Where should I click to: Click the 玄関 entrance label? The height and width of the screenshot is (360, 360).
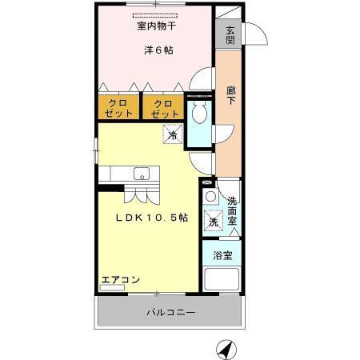click(230, 36)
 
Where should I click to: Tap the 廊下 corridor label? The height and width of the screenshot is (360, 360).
click(230, 96)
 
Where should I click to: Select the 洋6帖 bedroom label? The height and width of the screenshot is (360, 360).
click(158, 50)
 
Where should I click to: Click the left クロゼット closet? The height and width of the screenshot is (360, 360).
click(118, 107)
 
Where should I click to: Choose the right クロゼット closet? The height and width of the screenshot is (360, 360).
click(163, 107)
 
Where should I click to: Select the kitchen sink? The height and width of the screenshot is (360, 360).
click(142, 173)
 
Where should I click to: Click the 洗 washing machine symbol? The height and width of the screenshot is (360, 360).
click(214, 221)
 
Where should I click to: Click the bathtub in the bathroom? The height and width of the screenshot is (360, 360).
click(223, 280)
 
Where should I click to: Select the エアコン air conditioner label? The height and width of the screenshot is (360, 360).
click(120, 280)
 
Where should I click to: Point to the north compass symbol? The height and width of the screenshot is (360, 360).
click(227, 349)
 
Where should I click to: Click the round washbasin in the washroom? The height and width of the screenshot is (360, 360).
click(210, 197)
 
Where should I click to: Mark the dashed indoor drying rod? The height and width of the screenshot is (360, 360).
click(157, 15)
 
